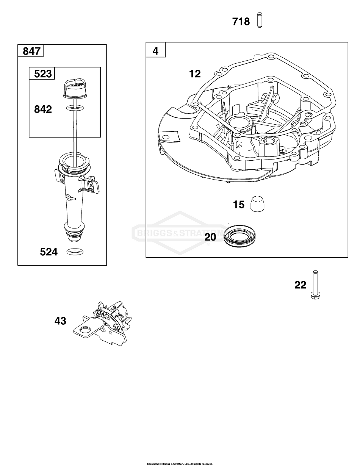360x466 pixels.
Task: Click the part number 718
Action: [x=241, y=22]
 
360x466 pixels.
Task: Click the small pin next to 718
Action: [x=260, y=20]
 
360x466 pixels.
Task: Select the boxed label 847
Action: [x=31, y=51]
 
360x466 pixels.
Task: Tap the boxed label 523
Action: [x=42, y=73]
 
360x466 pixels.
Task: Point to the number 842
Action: [x=42, y=109]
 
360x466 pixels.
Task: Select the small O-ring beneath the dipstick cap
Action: [x=74, y=108]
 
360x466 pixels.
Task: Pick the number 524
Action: [x=49, y=252]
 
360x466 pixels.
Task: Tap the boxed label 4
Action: [x=156, y=50]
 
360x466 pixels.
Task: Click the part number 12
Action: [x=195, y=73]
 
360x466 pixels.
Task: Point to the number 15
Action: [x=239, y=205]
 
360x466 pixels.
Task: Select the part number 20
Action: [x=210, y=237]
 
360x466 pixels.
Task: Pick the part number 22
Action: [x=300, y=285]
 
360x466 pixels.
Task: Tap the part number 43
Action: [x=60, y=321]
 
